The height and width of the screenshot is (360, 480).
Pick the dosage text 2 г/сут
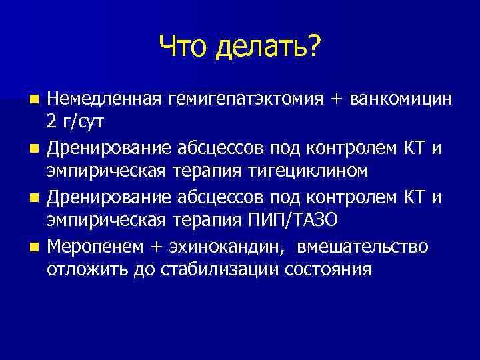point(75,123)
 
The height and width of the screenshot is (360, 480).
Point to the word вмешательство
point(363,247)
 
